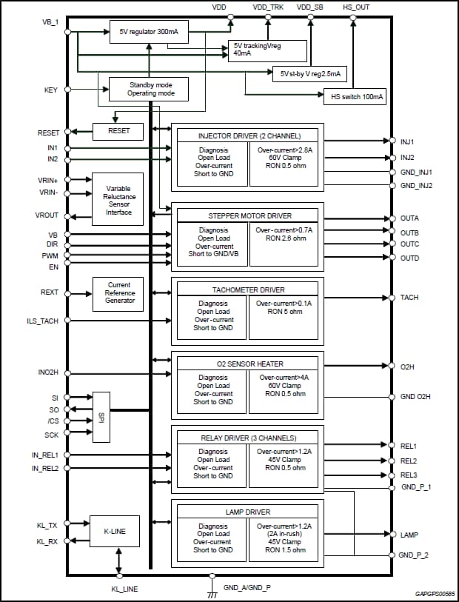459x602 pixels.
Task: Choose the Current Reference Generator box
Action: [118, 293]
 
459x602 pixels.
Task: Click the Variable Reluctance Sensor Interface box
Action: [118, 200]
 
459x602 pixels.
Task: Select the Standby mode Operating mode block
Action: [148, 90]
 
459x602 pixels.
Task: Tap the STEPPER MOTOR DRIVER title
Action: [247, 216]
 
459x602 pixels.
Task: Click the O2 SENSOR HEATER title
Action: [247, 364]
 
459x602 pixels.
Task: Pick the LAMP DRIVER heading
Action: [247, 512]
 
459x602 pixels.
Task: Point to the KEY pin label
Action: [51, 91]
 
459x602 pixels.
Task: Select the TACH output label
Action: [409, 298]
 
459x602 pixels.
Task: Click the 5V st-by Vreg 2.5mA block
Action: [310, 74]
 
